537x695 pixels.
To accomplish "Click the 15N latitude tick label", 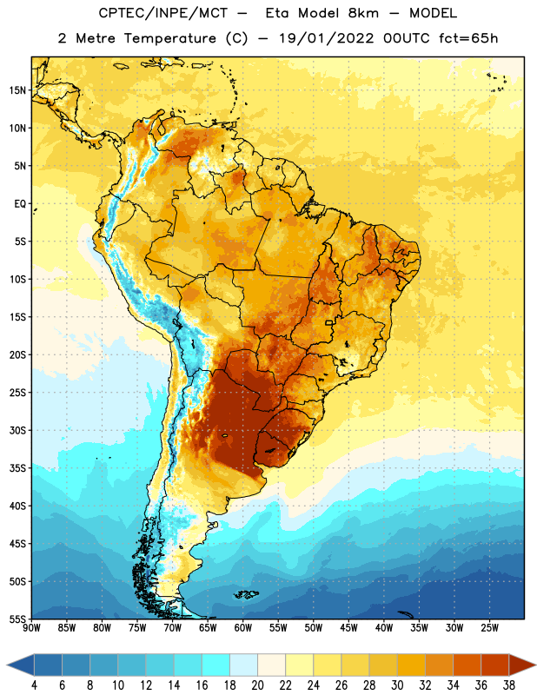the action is (x=17, y=90).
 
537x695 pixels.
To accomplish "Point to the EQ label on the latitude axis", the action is (x=20, y=204).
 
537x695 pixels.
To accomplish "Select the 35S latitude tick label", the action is (x=17, y=468).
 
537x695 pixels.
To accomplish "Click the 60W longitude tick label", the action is (x=243, y=628).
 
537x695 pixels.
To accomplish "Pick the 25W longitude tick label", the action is (x=489, y=628).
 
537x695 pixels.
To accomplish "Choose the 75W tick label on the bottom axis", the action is (x=137, y=628).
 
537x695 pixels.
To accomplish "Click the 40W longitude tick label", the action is (x=384, y=628).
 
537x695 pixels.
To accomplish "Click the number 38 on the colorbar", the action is (x=508, y=685).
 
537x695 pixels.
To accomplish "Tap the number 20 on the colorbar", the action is (x=257, y=685).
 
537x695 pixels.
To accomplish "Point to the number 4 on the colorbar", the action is (x=34, y=685).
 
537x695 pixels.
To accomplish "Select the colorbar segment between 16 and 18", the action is (x=215, y=665).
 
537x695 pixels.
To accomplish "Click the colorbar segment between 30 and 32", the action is (x=411, y=665).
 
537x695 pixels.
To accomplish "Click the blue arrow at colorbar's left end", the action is (x=21, y=665).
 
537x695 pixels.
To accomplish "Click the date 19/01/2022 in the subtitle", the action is (x=327, y=38).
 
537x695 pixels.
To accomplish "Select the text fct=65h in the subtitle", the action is (x=468, y=38).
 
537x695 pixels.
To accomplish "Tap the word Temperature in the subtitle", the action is (x=169, y=38).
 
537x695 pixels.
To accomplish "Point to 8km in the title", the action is (x=363, y=13).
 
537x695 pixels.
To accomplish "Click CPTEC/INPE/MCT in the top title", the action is (x=162, y=13).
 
